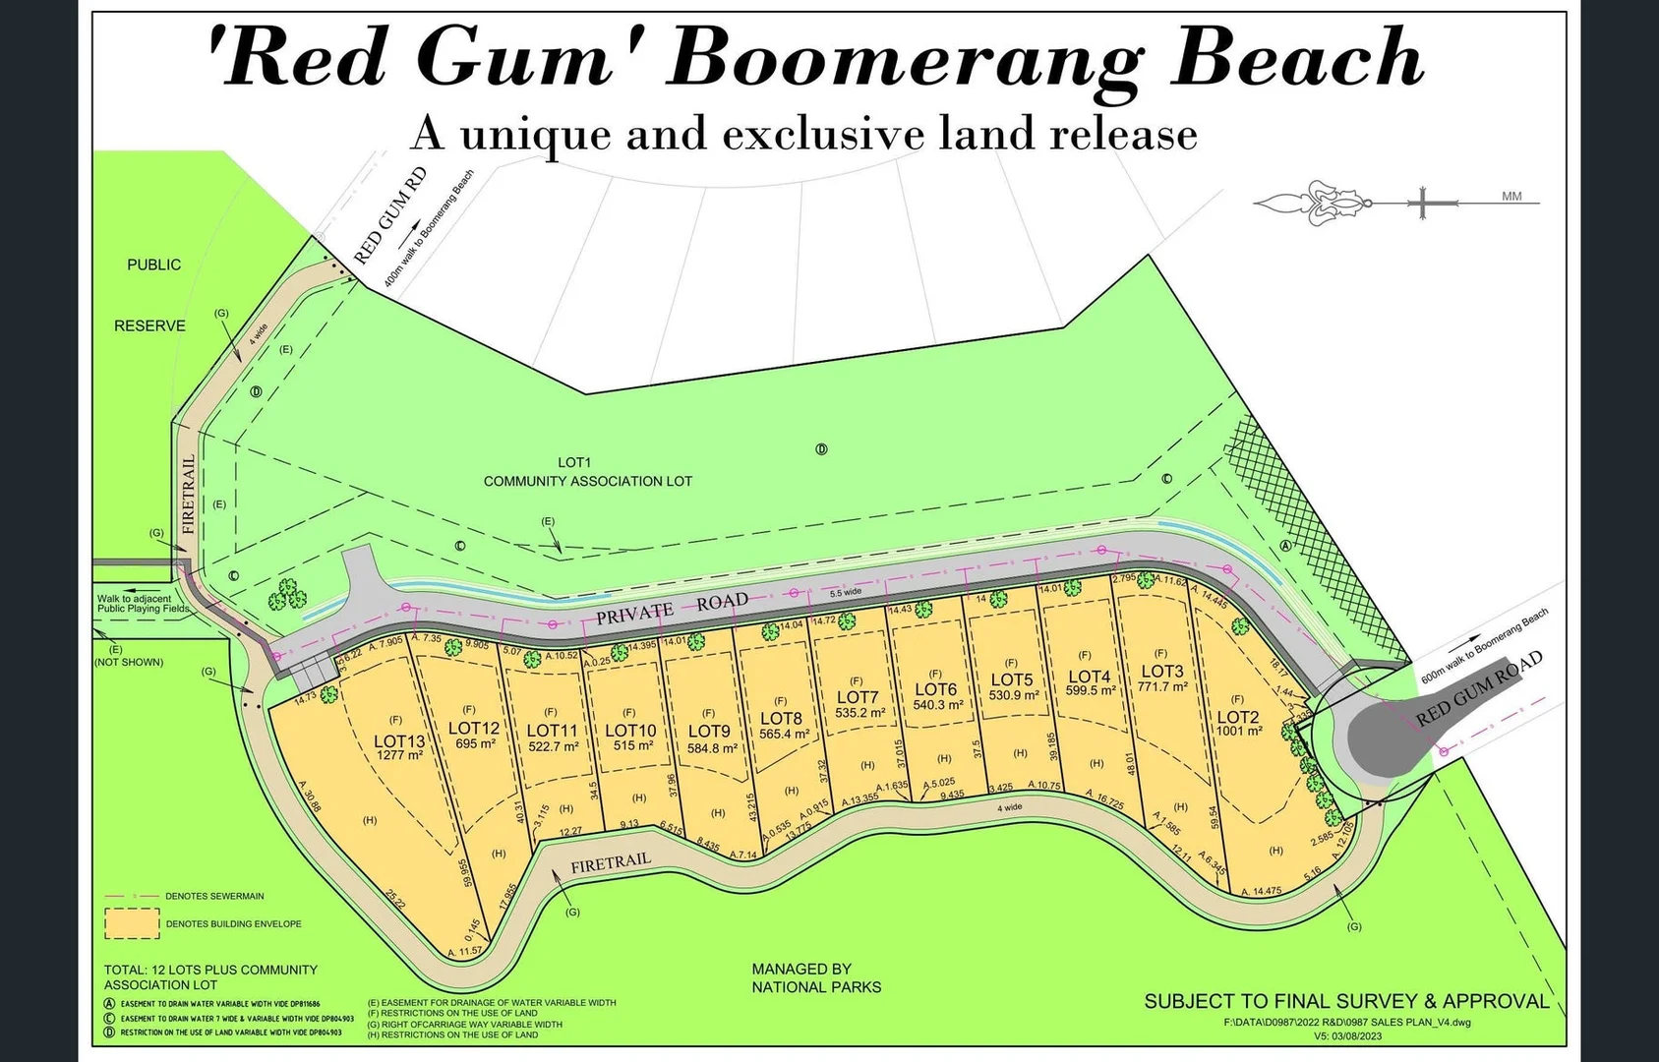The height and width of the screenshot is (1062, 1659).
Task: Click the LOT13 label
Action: click(x=399, y=741)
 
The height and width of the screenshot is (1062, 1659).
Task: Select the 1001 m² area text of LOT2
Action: click(x=1238, y=732)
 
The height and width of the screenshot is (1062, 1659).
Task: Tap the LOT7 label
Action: click(x=857, y=698)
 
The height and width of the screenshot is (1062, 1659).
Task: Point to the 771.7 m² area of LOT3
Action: click(x=1162, y=687)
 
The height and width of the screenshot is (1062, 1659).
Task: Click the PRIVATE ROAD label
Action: click(x=672, y=609)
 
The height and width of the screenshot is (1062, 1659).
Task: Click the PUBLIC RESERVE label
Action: click(x=151, y=295)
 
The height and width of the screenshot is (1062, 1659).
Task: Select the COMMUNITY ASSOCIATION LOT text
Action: click(x=587, y=481)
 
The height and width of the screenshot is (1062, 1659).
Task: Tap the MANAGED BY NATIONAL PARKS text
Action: click(x=815, y=977)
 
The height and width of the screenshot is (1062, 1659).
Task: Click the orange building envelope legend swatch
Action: click(x=132, y=923)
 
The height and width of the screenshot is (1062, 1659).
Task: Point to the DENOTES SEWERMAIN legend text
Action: click(x=214, y=896)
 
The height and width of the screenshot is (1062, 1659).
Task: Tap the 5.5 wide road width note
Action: click(x=845, y=592)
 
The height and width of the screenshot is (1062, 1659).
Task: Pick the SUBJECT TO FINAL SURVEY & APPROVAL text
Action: click(x=1345, y=1001)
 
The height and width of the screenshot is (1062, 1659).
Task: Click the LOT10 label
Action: click(x=629, y=731)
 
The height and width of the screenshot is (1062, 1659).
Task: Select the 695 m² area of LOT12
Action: click(x=475, y=743)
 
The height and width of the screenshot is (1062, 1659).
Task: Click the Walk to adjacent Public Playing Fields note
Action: click(x=141, y=604)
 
